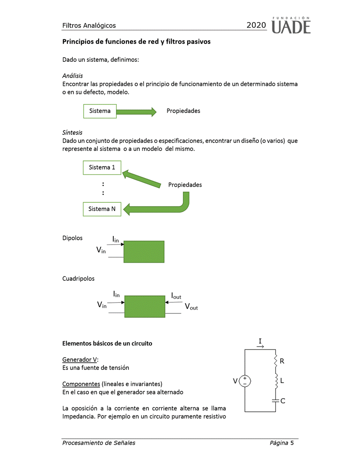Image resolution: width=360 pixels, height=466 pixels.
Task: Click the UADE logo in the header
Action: (x=291, y=26)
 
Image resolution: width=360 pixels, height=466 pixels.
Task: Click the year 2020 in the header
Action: (x=256, y=26)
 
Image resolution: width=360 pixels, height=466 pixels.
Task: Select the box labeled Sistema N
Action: (x=102, y=209)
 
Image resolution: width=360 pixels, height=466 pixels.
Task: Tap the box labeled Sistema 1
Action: (x=102, y=168)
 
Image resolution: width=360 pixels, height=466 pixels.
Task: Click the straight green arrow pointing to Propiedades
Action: (x=136, y=112)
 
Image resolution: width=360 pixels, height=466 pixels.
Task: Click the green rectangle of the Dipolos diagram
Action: (x=144, y=252)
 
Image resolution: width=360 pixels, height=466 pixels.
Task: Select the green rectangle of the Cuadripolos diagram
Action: (x=144, y=306)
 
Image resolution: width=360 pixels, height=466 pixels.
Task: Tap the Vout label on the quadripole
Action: (x=191, y=307)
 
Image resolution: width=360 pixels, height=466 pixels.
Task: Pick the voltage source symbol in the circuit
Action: (x=245, y=381)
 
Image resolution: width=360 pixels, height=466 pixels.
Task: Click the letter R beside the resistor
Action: (x=282, y=361)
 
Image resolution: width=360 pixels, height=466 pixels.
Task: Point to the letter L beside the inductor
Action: (x=282, y=380)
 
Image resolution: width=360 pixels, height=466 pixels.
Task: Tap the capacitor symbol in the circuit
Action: (x=275, y=401)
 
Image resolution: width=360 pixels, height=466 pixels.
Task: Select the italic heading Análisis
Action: (x=73, y=76)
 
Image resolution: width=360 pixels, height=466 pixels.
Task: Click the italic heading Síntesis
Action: (x=72, y=132)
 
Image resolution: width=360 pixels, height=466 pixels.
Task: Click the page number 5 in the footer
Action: (x=292, y=443)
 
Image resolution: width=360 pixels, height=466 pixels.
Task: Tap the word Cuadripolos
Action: (x=78, y=279)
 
